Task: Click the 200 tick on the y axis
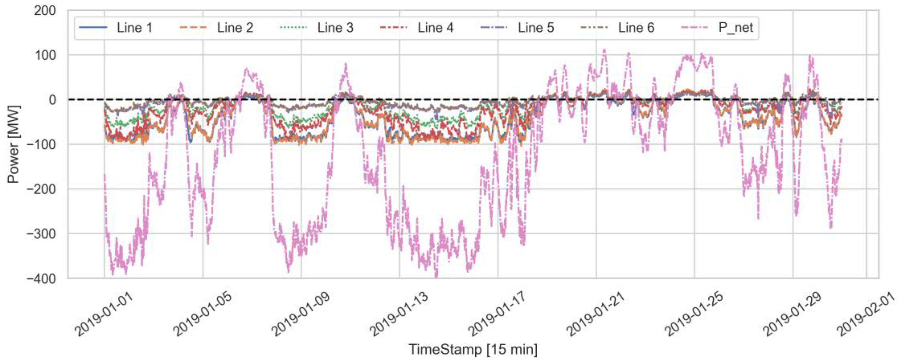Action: [45, 11]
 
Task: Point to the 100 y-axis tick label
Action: [45, 55]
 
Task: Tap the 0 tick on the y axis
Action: [52, 100]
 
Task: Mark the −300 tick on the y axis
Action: [41, 234]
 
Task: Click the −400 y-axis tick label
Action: [41, 278]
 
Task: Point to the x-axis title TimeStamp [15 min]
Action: [473, 350]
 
